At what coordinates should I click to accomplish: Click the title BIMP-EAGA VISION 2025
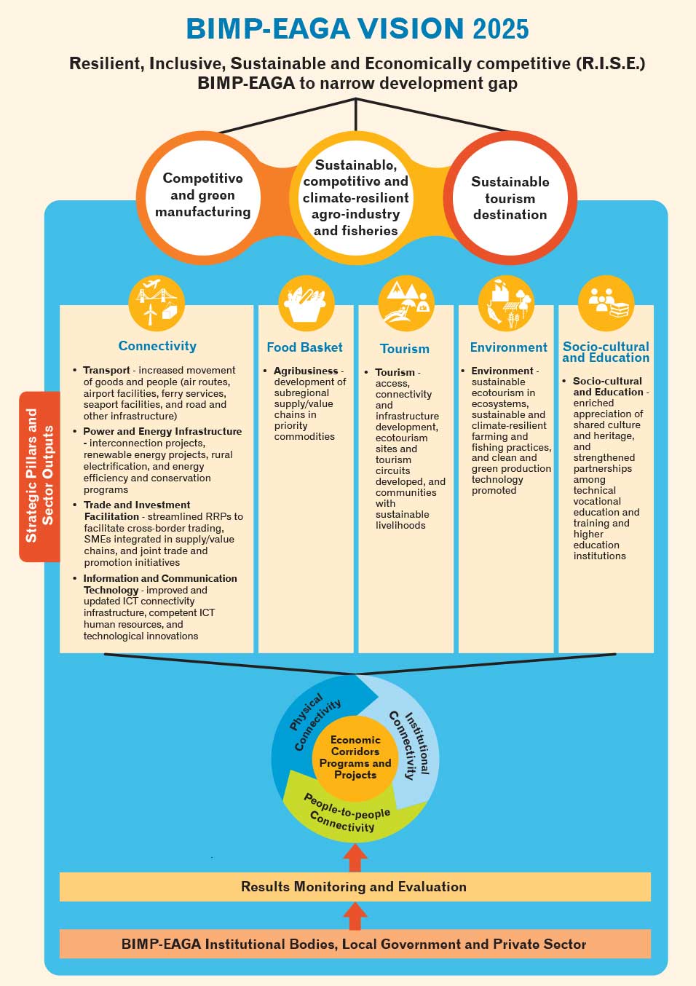click(357, 29)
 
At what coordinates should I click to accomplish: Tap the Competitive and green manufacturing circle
click(202, 195)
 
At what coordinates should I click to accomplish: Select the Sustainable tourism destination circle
click(510, 198)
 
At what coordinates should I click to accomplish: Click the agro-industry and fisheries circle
click(356, 198)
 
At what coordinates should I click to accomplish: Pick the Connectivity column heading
click(157, 346)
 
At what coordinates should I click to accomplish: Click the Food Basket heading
click(304, 347)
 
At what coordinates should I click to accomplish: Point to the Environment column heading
click(508, 347)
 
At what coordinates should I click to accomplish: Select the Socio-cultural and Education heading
click(606, 352)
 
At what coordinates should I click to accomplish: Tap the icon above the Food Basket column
click(307, 304)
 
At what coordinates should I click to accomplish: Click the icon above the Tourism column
click(406, 304)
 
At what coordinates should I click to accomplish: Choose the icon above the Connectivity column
click(157, 303)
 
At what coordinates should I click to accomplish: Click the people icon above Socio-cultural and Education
click(606, 303)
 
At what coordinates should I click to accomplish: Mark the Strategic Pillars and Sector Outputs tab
click(39, 476)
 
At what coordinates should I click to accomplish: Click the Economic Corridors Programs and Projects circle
click(355, 757)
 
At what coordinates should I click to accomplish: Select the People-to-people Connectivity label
click(346, 813)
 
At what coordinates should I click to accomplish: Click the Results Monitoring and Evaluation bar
click(355, 886)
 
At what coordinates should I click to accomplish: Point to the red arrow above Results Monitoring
click(355, 857)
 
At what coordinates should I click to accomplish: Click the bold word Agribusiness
click(306, 371)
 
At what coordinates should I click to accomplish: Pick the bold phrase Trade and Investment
click(137, 505)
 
